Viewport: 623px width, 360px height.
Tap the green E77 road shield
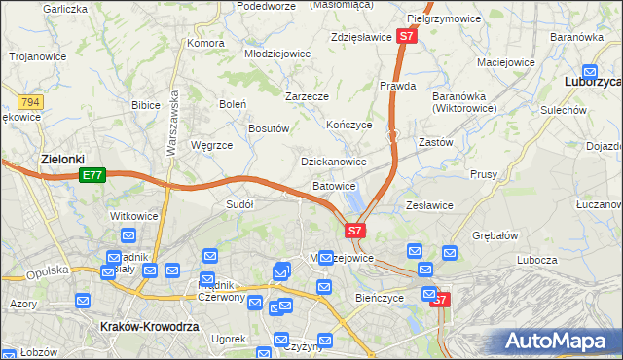(92, 175)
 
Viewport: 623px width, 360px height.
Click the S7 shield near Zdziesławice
(407, 37)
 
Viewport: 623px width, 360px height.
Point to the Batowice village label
(334, 186)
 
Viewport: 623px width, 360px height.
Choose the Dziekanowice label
(334, 162)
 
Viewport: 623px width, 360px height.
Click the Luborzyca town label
(593, 84)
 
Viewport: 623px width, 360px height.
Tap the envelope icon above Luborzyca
(590, 70)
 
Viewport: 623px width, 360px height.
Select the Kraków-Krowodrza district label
(149, 328)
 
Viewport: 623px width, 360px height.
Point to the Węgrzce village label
(212, 145)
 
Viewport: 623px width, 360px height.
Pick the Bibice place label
(145, 103)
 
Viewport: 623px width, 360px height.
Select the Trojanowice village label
(37, 56)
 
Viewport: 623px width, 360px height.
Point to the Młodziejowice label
(276, 54)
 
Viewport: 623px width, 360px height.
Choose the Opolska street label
(48, 270)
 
